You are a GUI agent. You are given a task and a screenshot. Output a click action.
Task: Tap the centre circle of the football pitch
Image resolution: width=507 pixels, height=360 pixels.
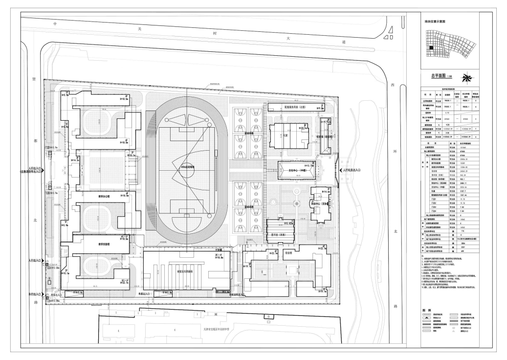(x=188, y=164)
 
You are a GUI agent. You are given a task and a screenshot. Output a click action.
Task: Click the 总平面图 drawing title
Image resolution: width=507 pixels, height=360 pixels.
(x=439, y=76)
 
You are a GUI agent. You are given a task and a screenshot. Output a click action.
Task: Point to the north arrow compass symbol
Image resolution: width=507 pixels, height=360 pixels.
(x=468, y=76)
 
